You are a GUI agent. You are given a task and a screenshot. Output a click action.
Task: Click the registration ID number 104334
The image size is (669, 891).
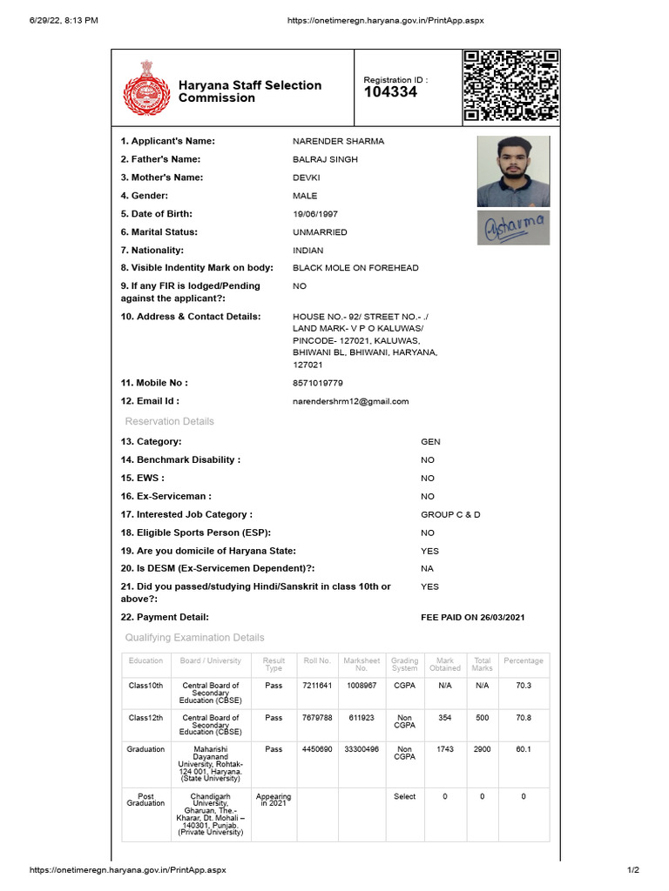390,92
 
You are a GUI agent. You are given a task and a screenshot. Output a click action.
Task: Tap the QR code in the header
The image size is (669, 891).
510,86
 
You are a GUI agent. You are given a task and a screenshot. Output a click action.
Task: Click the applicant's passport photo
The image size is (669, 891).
513,171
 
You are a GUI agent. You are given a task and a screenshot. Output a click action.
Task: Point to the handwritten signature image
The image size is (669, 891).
513,227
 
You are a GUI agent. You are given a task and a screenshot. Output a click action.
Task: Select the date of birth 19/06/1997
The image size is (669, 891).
316,214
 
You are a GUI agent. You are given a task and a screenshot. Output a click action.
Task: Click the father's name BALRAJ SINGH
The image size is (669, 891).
325,159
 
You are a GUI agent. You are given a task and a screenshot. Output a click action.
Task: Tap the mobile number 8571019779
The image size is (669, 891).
318,383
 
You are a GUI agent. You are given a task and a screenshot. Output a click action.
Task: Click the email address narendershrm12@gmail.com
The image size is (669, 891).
350,401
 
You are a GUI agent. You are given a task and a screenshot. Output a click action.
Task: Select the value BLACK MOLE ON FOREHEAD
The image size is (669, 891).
355,268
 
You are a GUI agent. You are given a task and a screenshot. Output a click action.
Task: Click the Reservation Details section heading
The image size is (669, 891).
170,421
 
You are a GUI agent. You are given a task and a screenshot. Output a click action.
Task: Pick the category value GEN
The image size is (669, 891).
430,442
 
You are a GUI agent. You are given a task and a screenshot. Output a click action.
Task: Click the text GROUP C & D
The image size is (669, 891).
450,514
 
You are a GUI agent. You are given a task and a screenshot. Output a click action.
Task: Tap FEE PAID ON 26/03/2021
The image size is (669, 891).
473,617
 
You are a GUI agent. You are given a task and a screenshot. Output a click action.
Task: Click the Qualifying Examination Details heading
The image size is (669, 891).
194,638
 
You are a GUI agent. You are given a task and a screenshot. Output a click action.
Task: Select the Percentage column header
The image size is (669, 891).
523,661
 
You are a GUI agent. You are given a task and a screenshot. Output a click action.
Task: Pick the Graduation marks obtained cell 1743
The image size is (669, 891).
445,749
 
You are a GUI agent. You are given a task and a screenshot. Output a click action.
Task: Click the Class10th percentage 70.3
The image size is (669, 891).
524,686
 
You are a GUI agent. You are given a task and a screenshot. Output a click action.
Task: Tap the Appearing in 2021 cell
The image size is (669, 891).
274,800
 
